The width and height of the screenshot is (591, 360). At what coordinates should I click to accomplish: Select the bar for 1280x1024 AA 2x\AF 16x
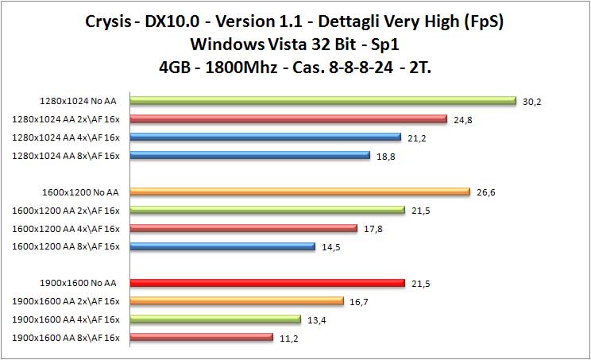[288, 119]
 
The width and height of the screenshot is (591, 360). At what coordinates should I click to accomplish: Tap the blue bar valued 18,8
[249, 155]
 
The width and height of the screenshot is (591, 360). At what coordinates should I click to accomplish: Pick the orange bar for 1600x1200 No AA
[300, 192]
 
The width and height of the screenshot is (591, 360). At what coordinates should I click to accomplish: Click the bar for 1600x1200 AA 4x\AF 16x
[243, 228]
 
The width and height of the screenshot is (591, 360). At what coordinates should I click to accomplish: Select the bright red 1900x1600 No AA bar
[267, 283]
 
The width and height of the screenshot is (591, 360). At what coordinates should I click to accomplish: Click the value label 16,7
[361, 301]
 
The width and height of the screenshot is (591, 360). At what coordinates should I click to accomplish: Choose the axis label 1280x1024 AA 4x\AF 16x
[66, 137]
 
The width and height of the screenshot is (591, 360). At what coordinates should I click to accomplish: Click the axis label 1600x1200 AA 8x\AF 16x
[66, 246]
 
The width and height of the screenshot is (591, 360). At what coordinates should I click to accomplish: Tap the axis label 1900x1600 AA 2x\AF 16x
[66, 301]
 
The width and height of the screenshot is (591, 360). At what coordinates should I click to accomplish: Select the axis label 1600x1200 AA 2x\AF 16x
[66, 210]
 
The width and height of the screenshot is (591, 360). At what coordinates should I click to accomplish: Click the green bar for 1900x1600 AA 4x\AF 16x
[215, 319]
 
